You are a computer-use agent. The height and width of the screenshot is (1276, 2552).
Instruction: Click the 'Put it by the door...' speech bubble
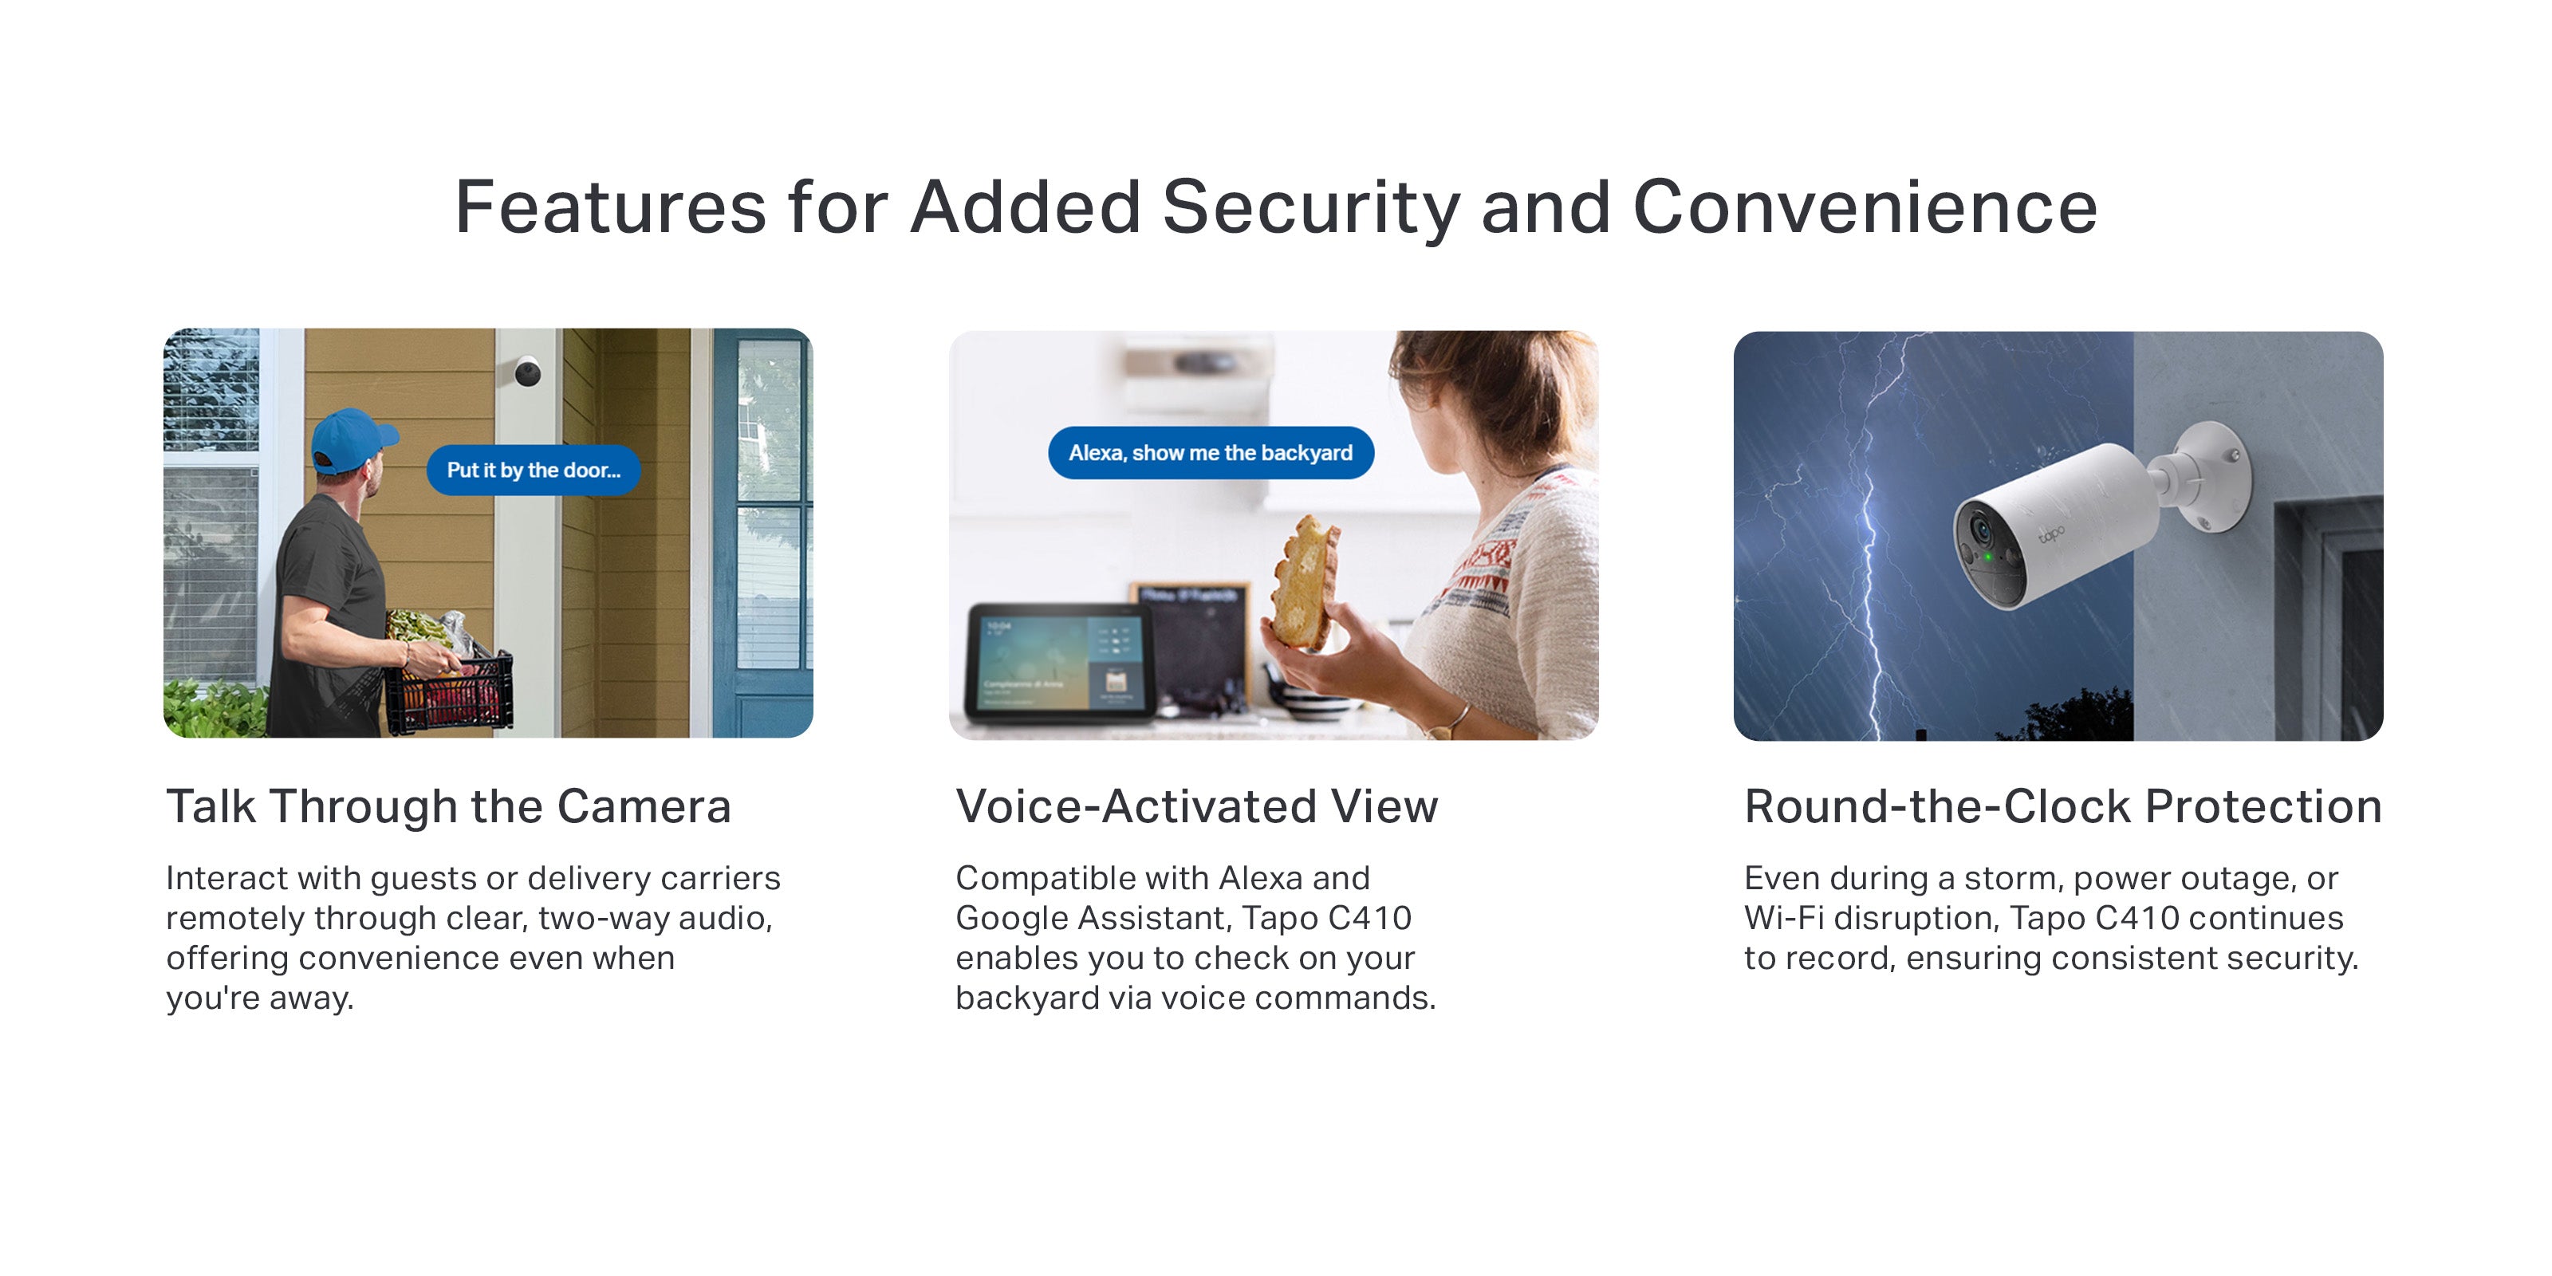click(533, 470)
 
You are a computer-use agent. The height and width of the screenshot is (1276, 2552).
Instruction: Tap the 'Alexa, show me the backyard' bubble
click(1211, 453)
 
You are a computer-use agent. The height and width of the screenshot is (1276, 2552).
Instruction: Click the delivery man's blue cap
click(352, 437)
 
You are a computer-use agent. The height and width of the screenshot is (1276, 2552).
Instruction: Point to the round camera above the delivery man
click(527, 372)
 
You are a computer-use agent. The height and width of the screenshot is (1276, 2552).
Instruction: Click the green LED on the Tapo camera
click(1987, 557)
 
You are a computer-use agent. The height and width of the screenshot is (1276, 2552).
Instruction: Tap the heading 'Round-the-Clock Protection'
click(2062, 806)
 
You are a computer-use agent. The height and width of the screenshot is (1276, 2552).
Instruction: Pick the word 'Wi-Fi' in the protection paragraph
click(1783, 917)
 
